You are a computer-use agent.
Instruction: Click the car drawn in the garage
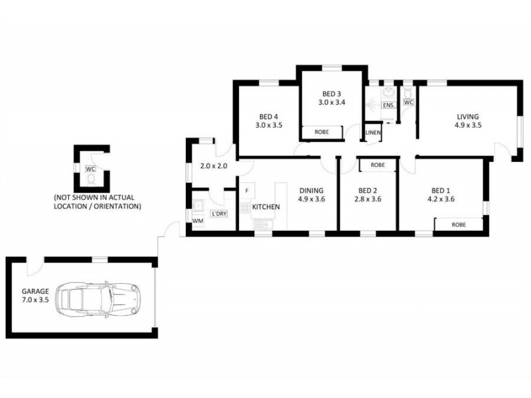pos(98,300)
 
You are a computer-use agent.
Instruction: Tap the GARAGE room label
pos(35,291)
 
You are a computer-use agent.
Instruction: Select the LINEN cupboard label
pos(373,133)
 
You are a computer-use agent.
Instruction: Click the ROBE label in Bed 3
pos(322,132)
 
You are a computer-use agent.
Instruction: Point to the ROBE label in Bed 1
pos(459,225)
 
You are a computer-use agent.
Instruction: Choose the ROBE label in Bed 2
pos(378,165)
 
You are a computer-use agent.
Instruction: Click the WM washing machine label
pos(198,221)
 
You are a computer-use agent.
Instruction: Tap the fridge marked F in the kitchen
pos(247,191)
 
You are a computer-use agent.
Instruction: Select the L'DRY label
pos(219,214)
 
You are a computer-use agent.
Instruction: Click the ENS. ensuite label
pos(388,105)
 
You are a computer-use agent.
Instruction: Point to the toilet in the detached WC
pos(91,178)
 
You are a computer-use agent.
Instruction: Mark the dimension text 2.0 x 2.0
pos(214,166)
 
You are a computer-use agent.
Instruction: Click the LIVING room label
pos(468,117)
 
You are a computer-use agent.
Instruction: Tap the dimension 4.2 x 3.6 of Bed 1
pos(441,200)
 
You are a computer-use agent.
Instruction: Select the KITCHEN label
pos(266,207)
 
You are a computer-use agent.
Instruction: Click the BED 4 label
pos(269,117)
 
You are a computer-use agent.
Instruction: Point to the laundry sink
pos(198,206)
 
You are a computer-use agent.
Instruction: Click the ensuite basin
pos(388,92)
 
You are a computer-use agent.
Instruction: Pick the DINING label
pos(311,190)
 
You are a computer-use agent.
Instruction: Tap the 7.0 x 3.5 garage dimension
pos(35,300)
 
